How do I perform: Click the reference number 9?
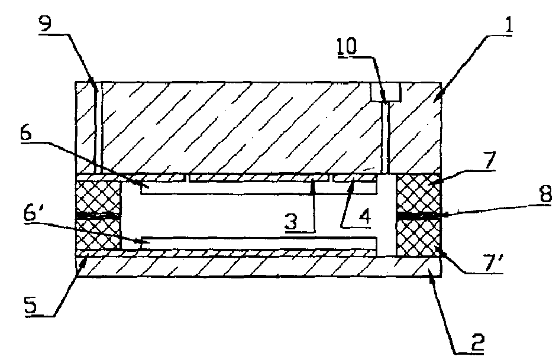tap(45, 24)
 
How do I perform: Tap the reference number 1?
tap(509, 24)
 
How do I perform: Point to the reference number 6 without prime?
tap(26, 134)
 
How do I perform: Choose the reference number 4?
tap(364, 216)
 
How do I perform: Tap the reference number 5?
tap(30, 306)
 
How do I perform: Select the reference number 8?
tap(546, 195)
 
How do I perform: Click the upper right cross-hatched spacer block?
tap(419, 193)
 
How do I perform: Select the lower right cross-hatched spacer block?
tap(419, 236)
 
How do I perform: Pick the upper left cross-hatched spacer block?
tap(99, 195)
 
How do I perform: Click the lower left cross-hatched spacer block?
tap(99, 233)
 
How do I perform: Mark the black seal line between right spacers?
tap(419, 215)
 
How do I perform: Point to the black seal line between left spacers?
tap(99, 215)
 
